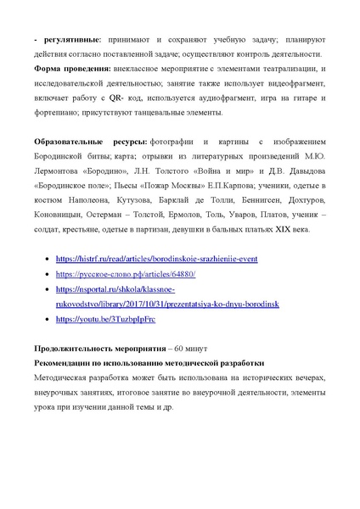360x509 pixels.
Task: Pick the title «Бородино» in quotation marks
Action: pyautogui.click(x=116, y=169)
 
